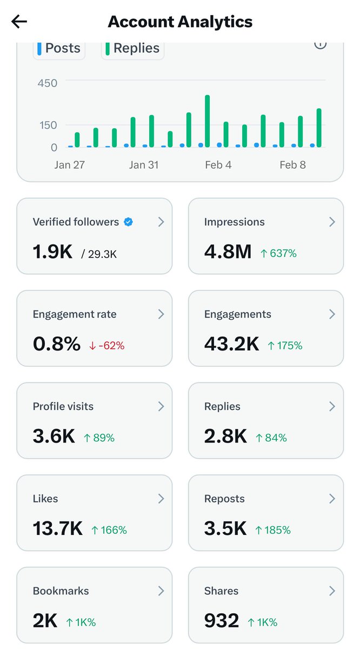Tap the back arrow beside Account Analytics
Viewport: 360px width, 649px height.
[19, 22]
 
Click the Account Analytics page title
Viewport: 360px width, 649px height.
[180, 22]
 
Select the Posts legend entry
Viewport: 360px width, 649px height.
[59, 48]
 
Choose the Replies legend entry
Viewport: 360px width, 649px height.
[132, 48]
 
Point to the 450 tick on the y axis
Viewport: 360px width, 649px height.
[47, 83]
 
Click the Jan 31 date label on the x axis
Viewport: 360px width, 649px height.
[144, 165]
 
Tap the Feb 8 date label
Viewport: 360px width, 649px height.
[292, 165]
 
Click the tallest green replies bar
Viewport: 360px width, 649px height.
[207, 121]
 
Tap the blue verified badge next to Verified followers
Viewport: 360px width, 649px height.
[128, 222]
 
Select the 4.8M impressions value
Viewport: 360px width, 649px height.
[228, 251]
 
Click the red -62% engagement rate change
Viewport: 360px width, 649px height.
[106, 345]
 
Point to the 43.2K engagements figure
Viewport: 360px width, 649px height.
[231, 344]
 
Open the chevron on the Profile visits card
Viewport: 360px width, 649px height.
[161, 406]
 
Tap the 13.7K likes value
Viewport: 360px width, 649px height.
[57, 529]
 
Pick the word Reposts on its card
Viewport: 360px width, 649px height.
[224, 499]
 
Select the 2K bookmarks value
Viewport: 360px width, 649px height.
[45, 621]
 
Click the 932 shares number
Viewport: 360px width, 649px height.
[221, 621]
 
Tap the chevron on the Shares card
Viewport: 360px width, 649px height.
[332, 591]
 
